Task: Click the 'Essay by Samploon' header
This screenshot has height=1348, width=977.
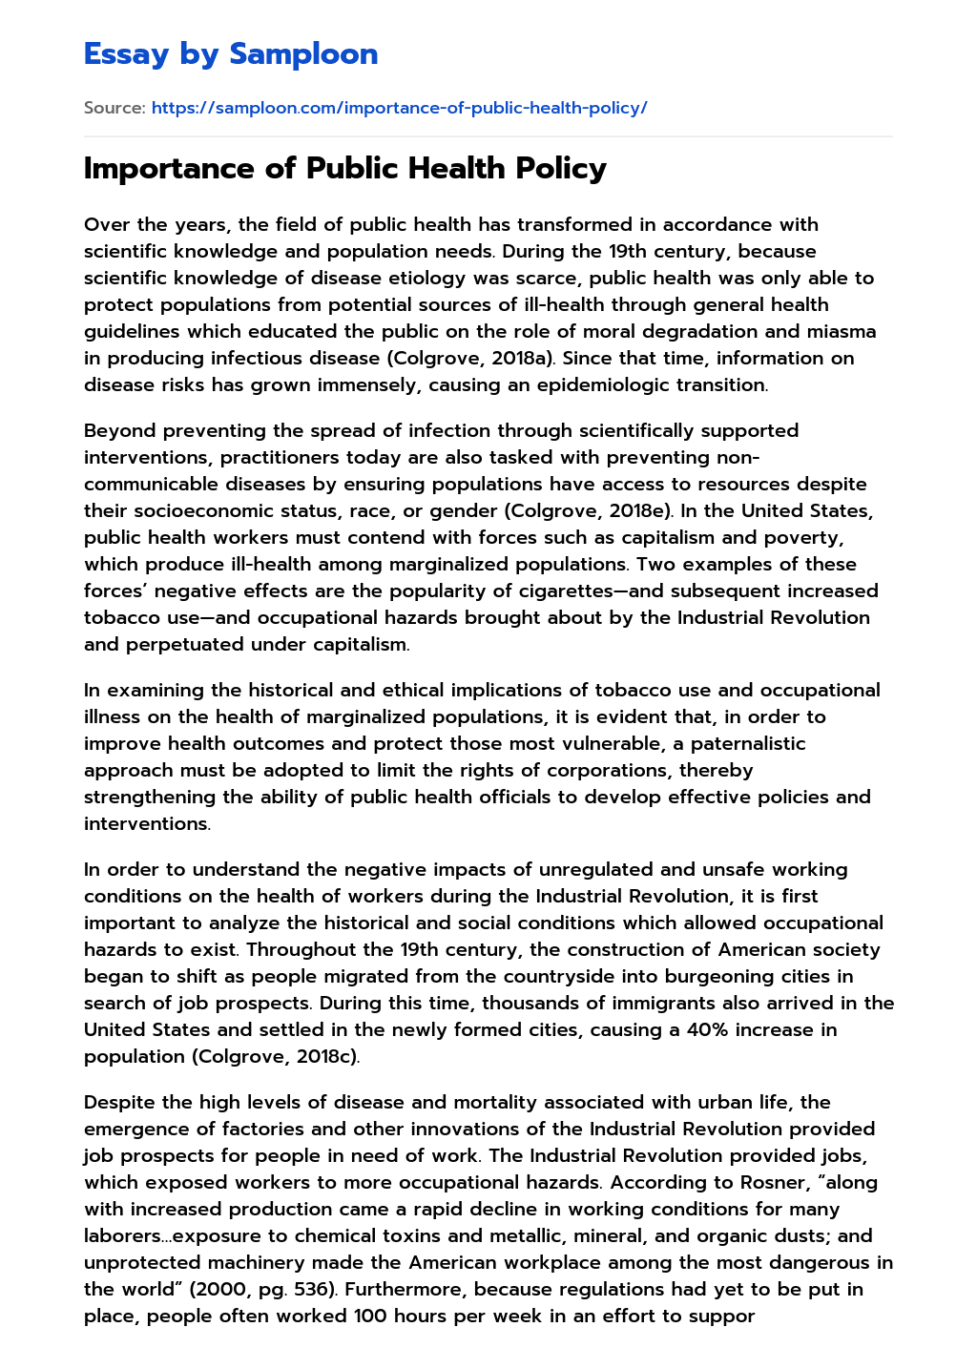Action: [231, 54]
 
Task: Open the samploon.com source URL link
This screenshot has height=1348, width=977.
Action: [399, 108]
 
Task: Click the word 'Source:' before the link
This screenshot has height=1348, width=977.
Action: [114, 108]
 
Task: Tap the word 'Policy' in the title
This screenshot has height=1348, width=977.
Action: [561, 169]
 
